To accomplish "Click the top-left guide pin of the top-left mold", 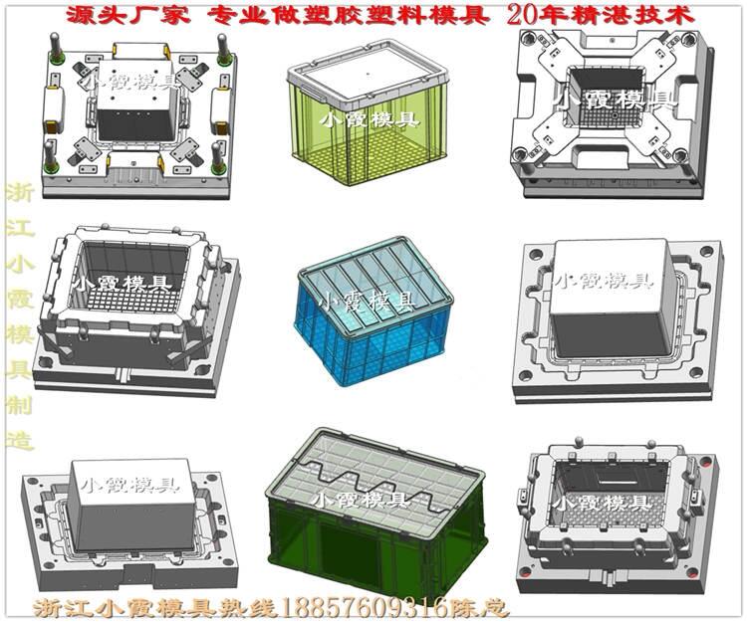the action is click(56, 49).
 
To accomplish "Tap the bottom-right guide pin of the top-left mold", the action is click(217, 158).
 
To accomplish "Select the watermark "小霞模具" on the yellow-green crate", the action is click(369, 119).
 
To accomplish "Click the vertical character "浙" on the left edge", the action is click(20, 194).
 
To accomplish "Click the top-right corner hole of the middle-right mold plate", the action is click(706, 251).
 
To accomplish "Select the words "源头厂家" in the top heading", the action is click(127, 16).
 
